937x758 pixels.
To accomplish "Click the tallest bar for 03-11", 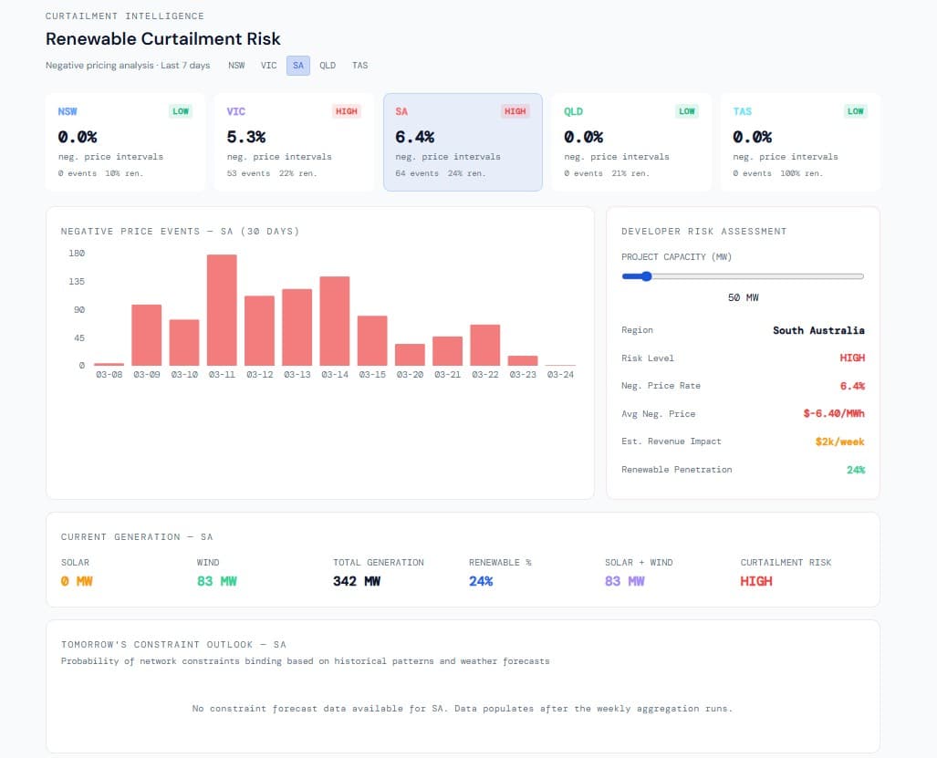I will [x=222, y=310].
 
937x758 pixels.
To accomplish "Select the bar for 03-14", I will [x=335, y=321].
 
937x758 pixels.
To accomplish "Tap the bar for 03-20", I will [x=410, y=355].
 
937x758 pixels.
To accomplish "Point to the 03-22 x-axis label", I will [x=484, y=374].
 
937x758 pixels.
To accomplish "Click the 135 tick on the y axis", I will [x=77, y=282].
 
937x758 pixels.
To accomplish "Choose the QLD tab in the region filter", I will [x=328, y=66].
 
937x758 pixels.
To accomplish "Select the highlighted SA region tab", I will [x=298, y=66].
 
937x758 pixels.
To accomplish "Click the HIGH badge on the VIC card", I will [x=347, y=111].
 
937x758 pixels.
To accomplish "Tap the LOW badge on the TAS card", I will [x=855, y=111].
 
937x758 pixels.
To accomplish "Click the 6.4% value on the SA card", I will [x=415, y=137].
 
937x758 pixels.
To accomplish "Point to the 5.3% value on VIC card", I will [x=246, y=137].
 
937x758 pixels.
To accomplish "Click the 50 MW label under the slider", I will [x=743, y=298].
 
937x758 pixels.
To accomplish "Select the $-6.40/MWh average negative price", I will [x=834, y=414].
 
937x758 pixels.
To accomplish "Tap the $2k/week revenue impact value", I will [x=839, y=441].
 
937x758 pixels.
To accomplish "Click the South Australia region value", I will [x=818, y=330].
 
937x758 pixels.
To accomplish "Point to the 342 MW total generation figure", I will [x=357, y=581].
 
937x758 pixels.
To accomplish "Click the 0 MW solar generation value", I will [x=77, y=581].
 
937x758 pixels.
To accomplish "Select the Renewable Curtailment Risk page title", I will [x=163, y=39].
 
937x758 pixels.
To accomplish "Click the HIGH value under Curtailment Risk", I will [x=756, y=581].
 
